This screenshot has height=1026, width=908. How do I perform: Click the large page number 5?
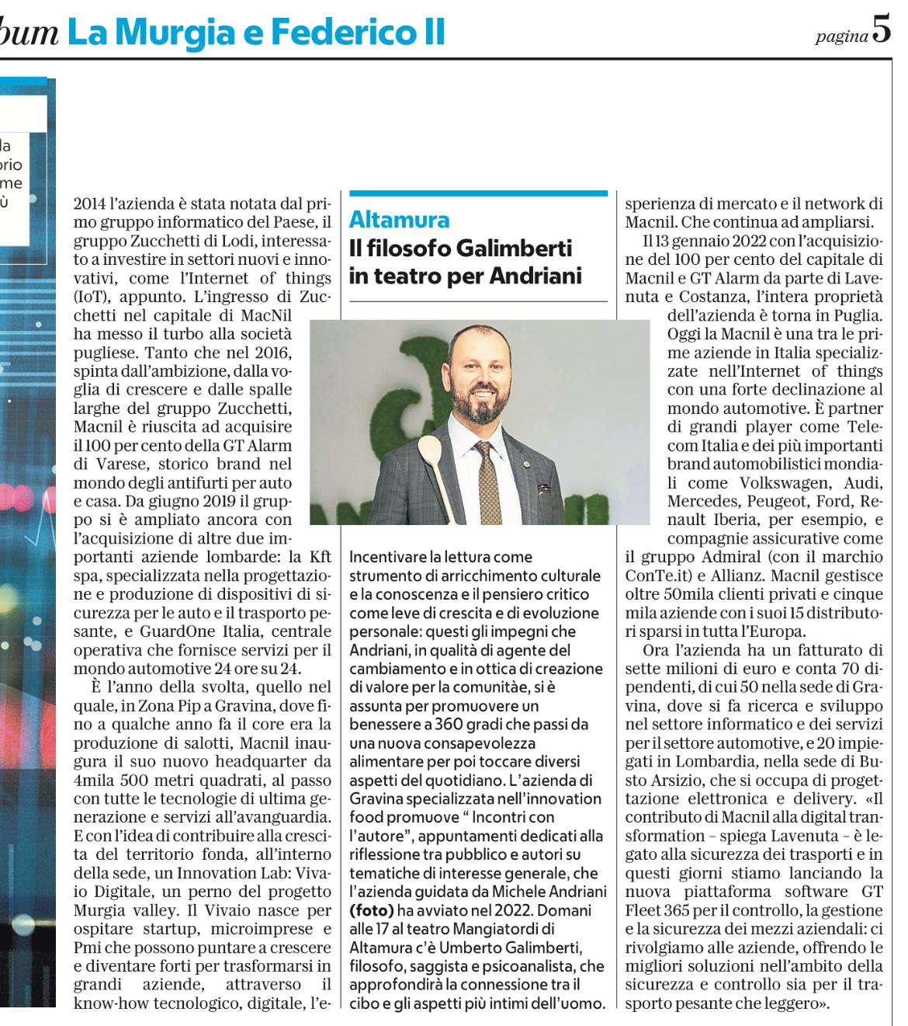[882, 30]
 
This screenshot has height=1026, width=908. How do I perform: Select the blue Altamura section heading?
[399, 218]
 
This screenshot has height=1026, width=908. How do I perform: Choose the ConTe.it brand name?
[653, 575]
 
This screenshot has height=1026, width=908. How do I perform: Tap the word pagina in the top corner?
[841, 36]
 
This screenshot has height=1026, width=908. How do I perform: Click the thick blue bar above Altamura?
[478, 193]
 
